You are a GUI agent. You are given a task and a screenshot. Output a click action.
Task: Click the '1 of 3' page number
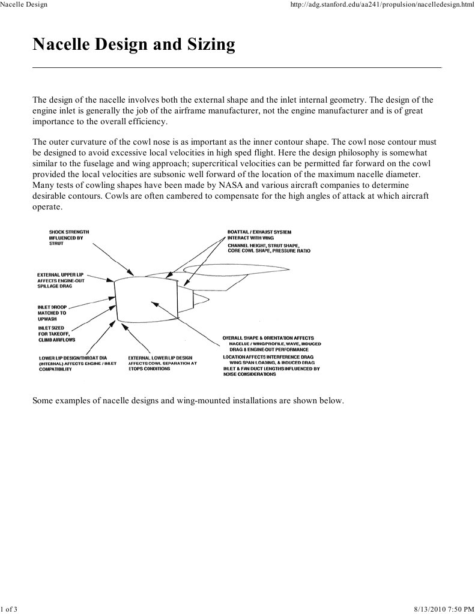[9, 609]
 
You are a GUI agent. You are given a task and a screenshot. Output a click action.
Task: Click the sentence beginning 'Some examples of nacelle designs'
[188, 400]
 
